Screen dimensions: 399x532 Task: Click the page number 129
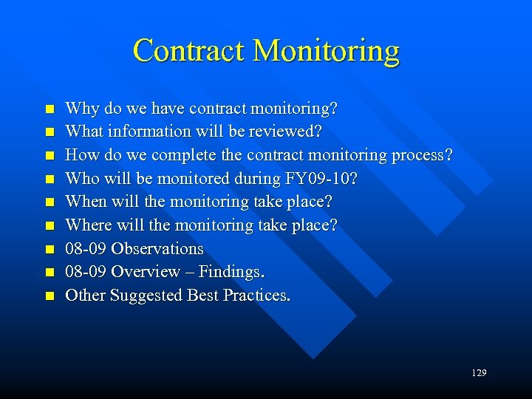479,373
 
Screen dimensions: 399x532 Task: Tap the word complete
176,156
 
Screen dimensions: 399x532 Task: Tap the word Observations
157,248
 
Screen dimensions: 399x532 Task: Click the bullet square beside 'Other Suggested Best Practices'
50,296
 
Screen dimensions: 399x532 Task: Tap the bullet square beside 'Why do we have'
50,109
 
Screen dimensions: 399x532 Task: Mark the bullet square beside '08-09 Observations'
50,249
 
